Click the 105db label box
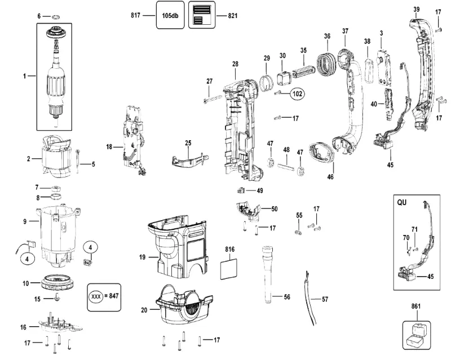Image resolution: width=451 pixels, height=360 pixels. tap(170, 15)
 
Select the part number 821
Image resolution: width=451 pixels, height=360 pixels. tap(233, 16)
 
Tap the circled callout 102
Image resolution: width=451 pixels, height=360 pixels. tap(298, 94)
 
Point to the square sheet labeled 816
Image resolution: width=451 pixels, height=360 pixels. tap(229, 269)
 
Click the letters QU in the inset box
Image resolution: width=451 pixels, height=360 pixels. tap(402, 202)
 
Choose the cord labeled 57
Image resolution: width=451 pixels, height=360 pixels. tap(310, 299)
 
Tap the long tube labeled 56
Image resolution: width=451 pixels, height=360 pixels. tap(267, 274)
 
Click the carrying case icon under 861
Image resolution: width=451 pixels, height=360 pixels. tap(416, 335)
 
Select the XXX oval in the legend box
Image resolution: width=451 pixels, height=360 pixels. tap(96, 296)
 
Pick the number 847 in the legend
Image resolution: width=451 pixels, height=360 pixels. tap(114, 296)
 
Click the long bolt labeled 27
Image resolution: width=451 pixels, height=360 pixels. tap(213, 99)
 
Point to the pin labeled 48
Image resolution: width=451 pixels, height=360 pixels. tap(285, 167)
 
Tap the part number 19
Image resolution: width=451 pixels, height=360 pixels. tap(143, 257)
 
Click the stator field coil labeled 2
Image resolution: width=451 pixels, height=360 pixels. tap(56, 157)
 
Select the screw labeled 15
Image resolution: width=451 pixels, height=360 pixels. tap(57, 297)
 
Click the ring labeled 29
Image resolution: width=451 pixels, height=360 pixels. tap(266, 82)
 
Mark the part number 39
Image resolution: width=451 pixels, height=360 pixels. tap(417, 10)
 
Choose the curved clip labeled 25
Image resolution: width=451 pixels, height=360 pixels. tap(190, 160)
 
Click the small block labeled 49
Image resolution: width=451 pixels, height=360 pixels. tap(241, 190)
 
